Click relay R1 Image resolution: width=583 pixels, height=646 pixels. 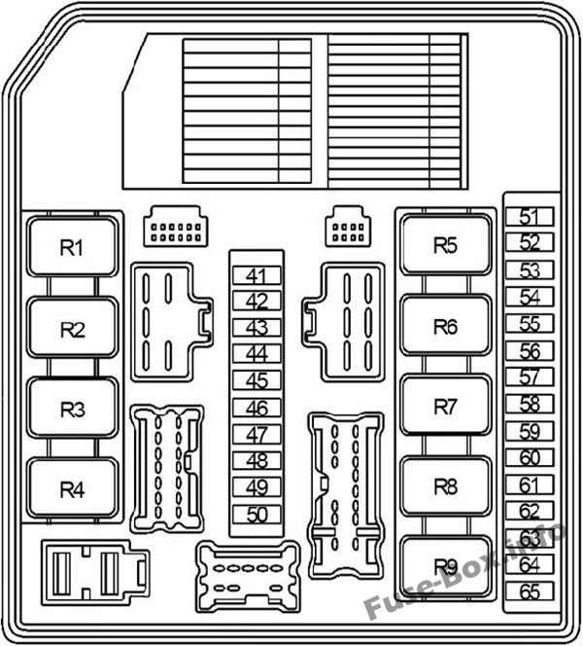pos(73,246)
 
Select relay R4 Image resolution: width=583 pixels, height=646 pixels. pos(73,488)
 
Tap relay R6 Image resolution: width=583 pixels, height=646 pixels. pos(446,326)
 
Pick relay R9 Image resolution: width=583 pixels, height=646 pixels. pos(446,566)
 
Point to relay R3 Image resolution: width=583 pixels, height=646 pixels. pos(73,408)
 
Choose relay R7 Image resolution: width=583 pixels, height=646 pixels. pos(446,406)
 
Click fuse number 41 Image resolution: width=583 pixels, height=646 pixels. pos(257,275)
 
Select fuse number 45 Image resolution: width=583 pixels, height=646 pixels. pos(257,380)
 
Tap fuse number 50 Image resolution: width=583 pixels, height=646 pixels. pos(257,514)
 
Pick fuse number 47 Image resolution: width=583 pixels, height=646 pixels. pos(257,434)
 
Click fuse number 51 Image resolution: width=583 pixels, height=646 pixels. pos(530,216)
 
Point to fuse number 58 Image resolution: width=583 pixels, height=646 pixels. pos(530,404)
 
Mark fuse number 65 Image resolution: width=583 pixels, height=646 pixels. pos(530,592)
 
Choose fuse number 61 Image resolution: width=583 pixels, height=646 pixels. pos(530,484)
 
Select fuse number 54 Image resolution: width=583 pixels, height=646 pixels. pos(530,297)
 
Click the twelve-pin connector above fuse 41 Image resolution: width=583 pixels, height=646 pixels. pos(176,227)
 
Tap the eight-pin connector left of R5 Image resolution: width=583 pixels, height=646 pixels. pos(348,227)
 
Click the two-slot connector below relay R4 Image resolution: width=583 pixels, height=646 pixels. pos(95,573)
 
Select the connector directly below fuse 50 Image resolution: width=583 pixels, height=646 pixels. pos(248,577)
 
